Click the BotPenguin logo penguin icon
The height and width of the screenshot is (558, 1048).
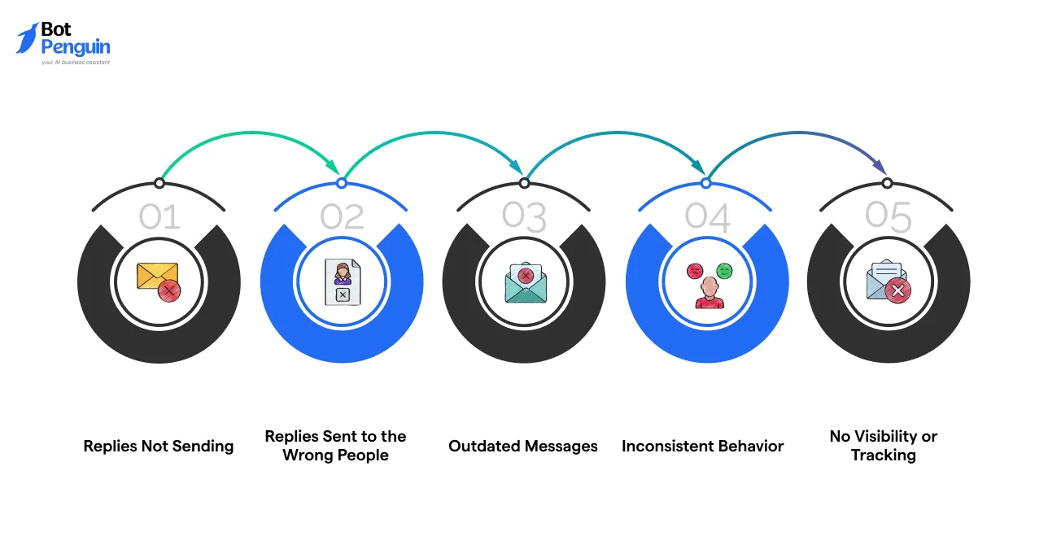pyautogui.click(x=27, y=38)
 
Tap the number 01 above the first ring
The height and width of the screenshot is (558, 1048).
pyautogui.click(x=159, y=217)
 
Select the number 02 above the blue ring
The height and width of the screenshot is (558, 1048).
pyautogui.click(x=342, y=217)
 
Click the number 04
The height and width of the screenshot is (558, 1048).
pyautogui.click(x=706, y=217)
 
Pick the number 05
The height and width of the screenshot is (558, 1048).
pyautogui.click(x=888, y=217)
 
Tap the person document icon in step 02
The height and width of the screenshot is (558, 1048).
pyautogui.click(x=342, y=282)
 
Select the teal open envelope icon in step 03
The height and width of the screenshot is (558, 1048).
pyautogui.click(x=525, y=282)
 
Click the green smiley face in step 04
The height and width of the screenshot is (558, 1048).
pyautogui.click(x=724, y=270)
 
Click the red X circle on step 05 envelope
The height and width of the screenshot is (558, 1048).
pyautogui.click(x=897, y=290)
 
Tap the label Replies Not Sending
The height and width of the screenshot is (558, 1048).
pyautogui.click(x=159, y=447)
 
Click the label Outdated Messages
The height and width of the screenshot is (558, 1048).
pyautogui.click(x=523, y=447)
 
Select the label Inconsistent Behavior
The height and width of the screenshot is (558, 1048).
pyautogui.click(x=703, y=447)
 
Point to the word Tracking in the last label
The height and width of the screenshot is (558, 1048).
pyautogui.click(x=884, y=456)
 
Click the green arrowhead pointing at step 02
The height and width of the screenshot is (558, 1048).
pyautogui.click(x=334, y=167)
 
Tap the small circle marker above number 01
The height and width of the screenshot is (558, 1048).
pyautogui.click(x=159, y=184)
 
